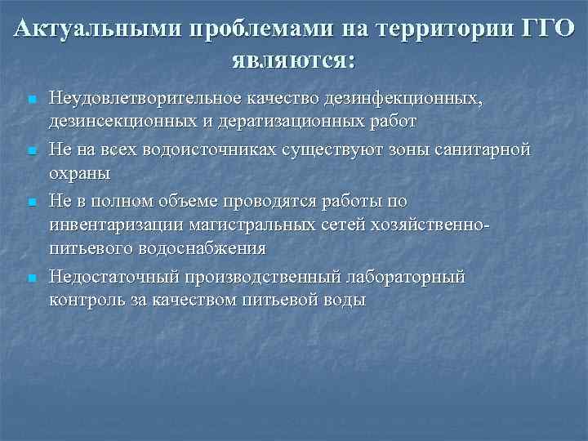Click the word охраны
tap(79, 172)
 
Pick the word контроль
tap(85, 300)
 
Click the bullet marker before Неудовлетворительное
tap(29, 100)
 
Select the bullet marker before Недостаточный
tap(29, 278)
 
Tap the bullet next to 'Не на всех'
tap(29, 151)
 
